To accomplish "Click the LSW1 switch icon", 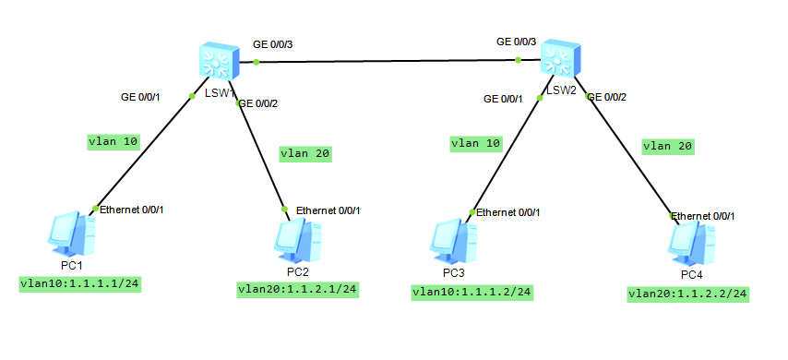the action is [x=219, y=61].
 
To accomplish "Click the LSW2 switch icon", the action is [x=560, y=58].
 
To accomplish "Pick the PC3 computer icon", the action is [x=453, y=244].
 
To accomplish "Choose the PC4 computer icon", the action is [x=691, y=244].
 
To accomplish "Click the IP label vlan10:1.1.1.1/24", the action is [x=79, y=284].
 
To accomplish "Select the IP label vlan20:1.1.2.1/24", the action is [x=298, y=290].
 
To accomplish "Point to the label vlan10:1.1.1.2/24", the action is [x=472, y=292].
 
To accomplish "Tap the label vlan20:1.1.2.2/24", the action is [x=688, y=294].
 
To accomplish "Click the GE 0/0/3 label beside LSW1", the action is [x=273, y=44].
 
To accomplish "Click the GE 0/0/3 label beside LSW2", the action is [x=517, y=42].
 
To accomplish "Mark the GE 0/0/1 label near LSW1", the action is [x=140, y=97].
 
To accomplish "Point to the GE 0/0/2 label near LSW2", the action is [x=607, y=97].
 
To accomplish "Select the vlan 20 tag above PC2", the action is [x=306, y=154].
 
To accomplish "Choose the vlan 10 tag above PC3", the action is [x=476, y=144].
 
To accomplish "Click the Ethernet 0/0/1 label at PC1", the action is [x=132, y=210].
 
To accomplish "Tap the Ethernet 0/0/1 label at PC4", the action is [x=703, y=216].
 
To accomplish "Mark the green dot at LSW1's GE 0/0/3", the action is [x=257, y=63].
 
